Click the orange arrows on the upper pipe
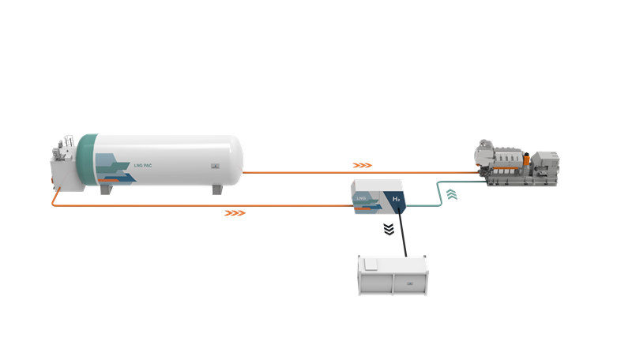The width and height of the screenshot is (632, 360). point(362,166)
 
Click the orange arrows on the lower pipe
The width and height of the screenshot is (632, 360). point(235,213)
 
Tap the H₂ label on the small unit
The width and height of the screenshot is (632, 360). point(397,201)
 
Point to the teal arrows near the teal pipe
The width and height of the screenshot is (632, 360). point(451,193)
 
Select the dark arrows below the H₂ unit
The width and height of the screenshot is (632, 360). point(388,230)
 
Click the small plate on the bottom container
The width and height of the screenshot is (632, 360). point(409,283)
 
